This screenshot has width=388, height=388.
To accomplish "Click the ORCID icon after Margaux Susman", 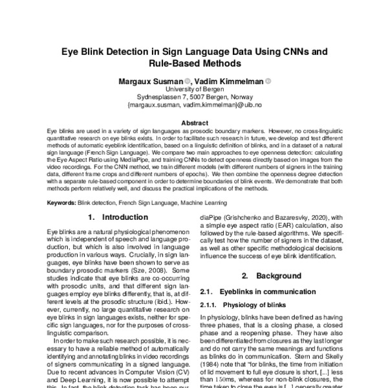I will tap(188, 81).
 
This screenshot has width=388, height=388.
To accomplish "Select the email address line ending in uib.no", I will tap(194, 103).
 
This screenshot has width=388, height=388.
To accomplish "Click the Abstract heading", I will tap(194, 122).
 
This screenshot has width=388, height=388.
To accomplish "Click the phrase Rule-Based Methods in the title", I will tap(194, 63).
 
